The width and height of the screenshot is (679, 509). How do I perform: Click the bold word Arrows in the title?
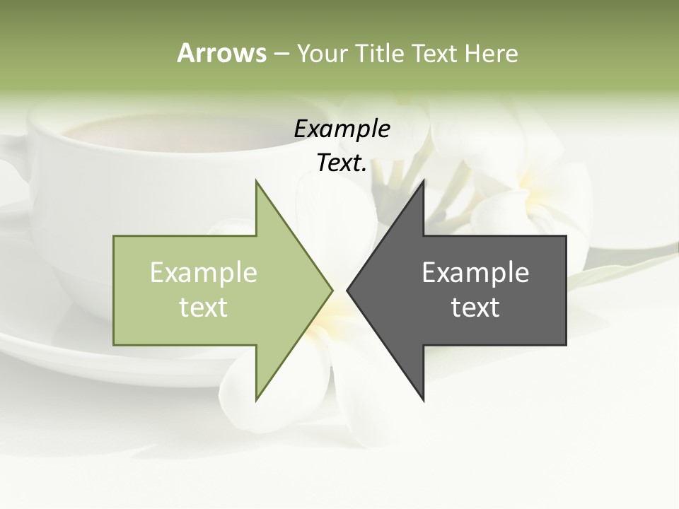221,53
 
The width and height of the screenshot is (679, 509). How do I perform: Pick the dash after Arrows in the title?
281,54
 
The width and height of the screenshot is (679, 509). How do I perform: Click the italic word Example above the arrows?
342,129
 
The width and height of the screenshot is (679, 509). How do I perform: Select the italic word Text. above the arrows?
342,163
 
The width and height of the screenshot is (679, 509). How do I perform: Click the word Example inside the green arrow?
203,273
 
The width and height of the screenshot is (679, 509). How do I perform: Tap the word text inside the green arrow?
203,308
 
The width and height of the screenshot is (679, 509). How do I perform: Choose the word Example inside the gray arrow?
475,273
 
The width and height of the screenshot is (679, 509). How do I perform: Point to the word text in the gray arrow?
475,308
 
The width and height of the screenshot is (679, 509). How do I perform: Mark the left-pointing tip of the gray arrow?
348,290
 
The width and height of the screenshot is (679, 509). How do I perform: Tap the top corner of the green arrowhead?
257,182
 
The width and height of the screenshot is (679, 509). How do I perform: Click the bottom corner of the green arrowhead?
257,399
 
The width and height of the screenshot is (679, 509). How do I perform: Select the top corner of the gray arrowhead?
423,182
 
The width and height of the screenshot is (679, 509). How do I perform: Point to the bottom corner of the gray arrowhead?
423,399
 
